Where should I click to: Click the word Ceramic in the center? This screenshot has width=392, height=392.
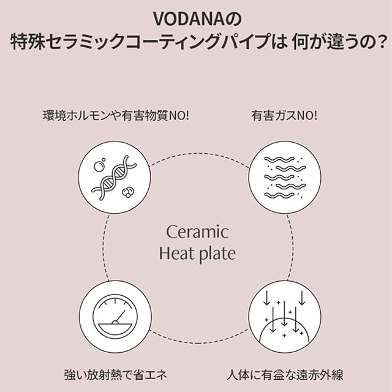pyautogui.click(x=197, y=232)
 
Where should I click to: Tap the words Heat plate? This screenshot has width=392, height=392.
pyautogui.click(x=197, y=253)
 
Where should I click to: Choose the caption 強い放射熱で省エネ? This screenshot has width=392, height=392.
pyautogui.click(x=115, y=373)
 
